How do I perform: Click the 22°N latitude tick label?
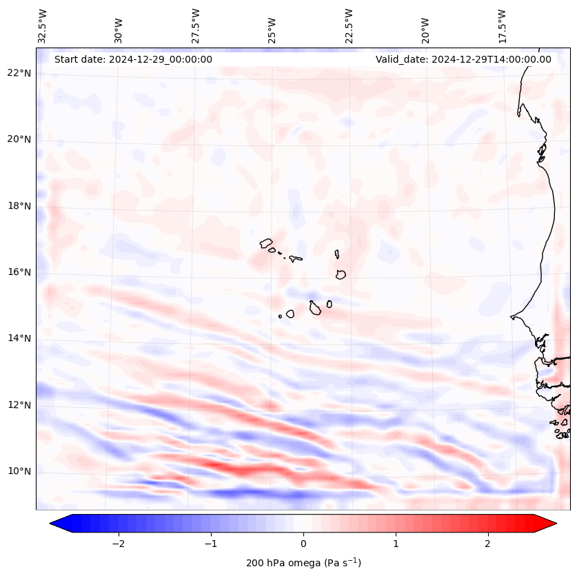pyautogui.click(x=19, y=74)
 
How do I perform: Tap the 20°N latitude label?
pyautogui.click(x=19, y=140)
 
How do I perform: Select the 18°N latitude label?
pyautogui.click(x=19, y=206)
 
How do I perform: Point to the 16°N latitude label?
pyautogui.click(x=19, y=273)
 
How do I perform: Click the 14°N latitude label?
pyautogui.click(x=19, y=338)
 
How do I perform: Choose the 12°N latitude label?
pyautogui.click(x=19, y=405)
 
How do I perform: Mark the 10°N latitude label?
pyautogui.click(x=19, y=472)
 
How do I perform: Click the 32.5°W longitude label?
pyautogui.click(x=43, y=25)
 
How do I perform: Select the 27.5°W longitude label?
pyautogui.click(x=196, y=25)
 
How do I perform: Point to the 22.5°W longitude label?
pyautogui.click(x=349, y=25)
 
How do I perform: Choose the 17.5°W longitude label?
pyautogui.click(x=502, y=25)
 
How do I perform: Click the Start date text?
pyautogui.click(x=133, y=59)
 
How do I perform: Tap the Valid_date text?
pyautogui.click(x=463, y=59)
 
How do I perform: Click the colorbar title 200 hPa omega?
pyautogui.click(x=303, y=563)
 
